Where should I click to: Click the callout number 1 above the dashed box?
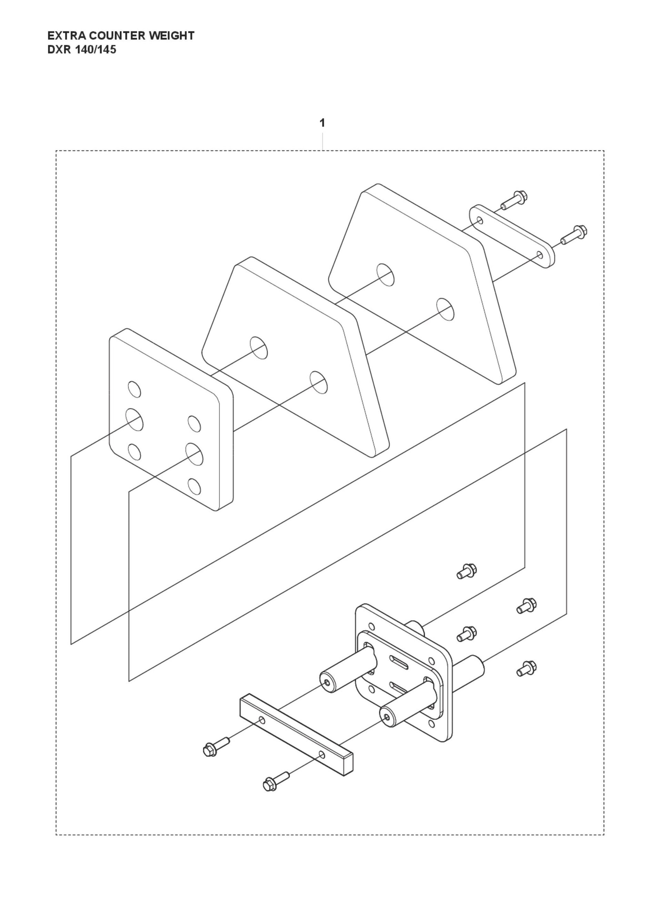[322, 123]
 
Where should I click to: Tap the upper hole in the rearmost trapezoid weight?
[385, 274]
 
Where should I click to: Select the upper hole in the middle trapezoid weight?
[259, 347]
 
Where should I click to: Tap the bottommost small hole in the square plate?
[194, 486]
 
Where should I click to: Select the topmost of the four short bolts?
[466, 571]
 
